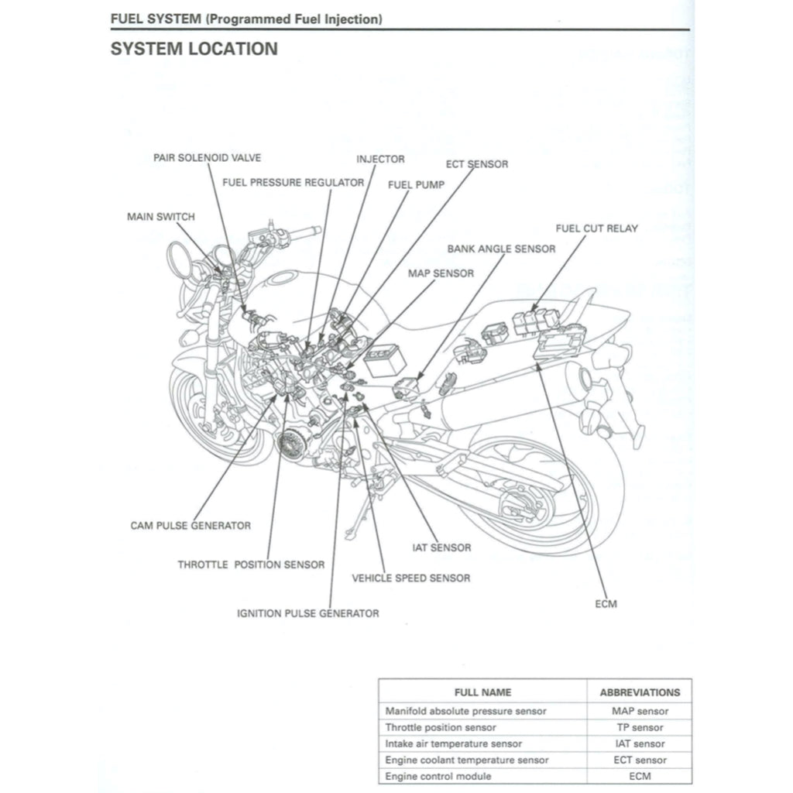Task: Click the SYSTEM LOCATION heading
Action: [194, 49]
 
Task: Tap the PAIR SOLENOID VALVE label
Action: [207, 158]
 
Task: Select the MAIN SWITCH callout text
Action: [160, 217]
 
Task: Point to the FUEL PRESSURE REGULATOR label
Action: [293, 183]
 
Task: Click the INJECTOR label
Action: [380, 160]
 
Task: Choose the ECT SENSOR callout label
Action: [477, 164]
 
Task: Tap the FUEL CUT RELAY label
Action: [596, 228]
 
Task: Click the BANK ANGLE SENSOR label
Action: [501, 249]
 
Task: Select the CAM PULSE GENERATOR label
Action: [191, 525]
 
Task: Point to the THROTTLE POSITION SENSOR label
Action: [251, 565]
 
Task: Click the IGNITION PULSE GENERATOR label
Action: [307, 613]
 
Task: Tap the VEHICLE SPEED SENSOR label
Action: [410, 578]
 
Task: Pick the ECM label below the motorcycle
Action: [607, 603]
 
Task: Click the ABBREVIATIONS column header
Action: [640, 692]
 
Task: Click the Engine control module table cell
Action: [438, 776]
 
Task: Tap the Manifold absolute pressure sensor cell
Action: [465, 711]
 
